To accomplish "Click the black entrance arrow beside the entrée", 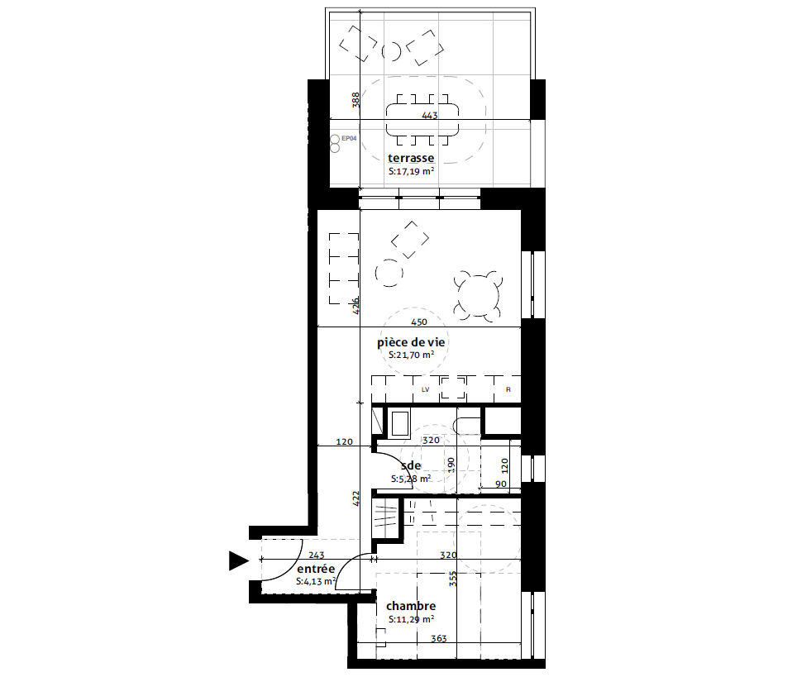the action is [238, 560].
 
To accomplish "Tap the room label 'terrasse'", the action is [411, 158].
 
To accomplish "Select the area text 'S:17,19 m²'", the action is [411, 171].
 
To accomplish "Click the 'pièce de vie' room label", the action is [411, 342].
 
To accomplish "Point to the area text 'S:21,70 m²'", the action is [411, 355].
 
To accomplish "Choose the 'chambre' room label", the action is [411, 606].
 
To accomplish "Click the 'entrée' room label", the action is [316, 570].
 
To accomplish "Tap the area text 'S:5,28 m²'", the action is [411, 479].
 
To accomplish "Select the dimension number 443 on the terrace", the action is [430, 116].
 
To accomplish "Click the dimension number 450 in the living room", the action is [419, 322].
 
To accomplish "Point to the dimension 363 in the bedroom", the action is [439, 638].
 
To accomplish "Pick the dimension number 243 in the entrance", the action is [316, 555].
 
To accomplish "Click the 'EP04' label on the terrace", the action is [349, 138].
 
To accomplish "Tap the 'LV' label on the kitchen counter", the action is [426, 390].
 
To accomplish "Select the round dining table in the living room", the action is [479, 297].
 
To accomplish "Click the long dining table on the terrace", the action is [422, 120].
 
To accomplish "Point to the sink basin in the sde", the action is [399, 424].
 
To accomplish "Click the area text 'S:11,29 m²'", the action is [411, 619].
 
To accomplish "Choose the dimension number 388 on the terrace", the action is [356, 99].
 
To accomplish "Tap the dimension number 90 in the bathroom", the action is [501, 484].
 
